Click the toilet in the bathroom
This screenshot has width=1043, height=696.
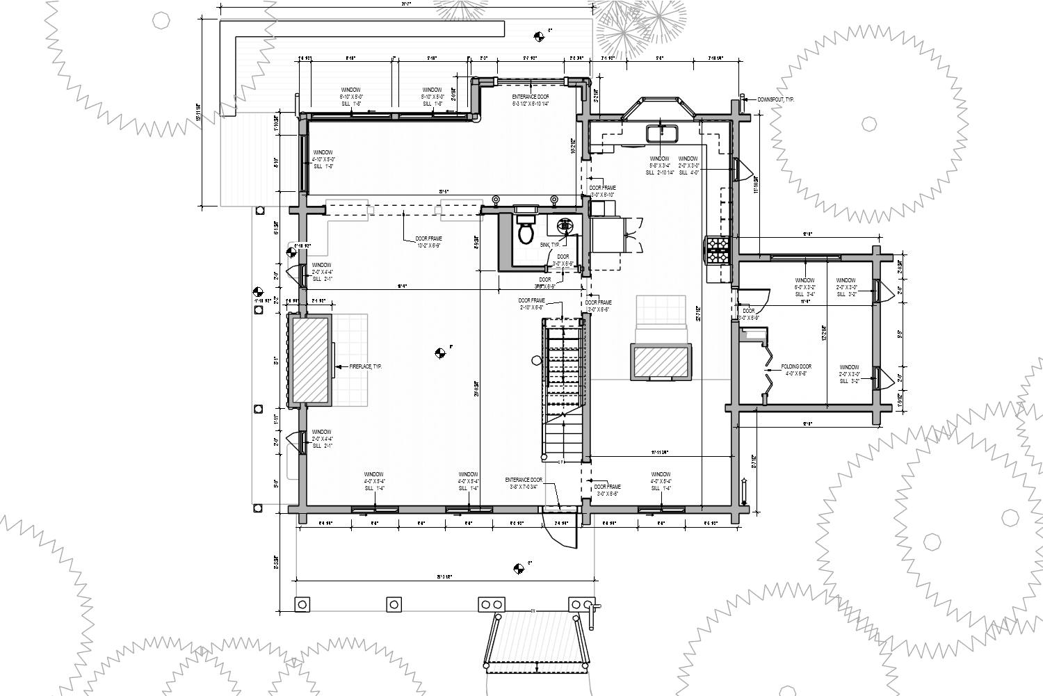click(526, 232)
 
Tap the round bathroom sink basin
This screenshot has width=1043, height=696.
click(565, 225)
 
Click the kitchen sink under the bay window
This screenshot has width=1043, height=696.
click(659, 132)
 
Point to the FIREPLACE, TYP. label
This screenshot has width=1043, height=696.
click(365, 366)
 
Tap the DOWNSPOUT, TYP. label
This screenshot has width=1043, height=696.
click(775, 99)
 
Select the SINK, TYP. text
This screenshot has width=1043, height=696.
click(549, 245)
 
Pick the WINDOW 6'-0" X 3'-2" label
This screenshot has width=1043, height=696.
click(805, 287)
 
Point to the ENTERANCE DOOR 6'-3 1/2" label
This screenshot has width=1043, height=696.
click(531, 100)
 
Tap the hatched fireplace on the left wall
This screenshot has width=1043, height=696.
click(310, 359)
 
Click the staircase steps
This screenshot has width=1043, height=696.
click(563, 389)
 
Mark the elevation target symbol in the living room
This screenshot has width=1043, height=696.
click(439, 353)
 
